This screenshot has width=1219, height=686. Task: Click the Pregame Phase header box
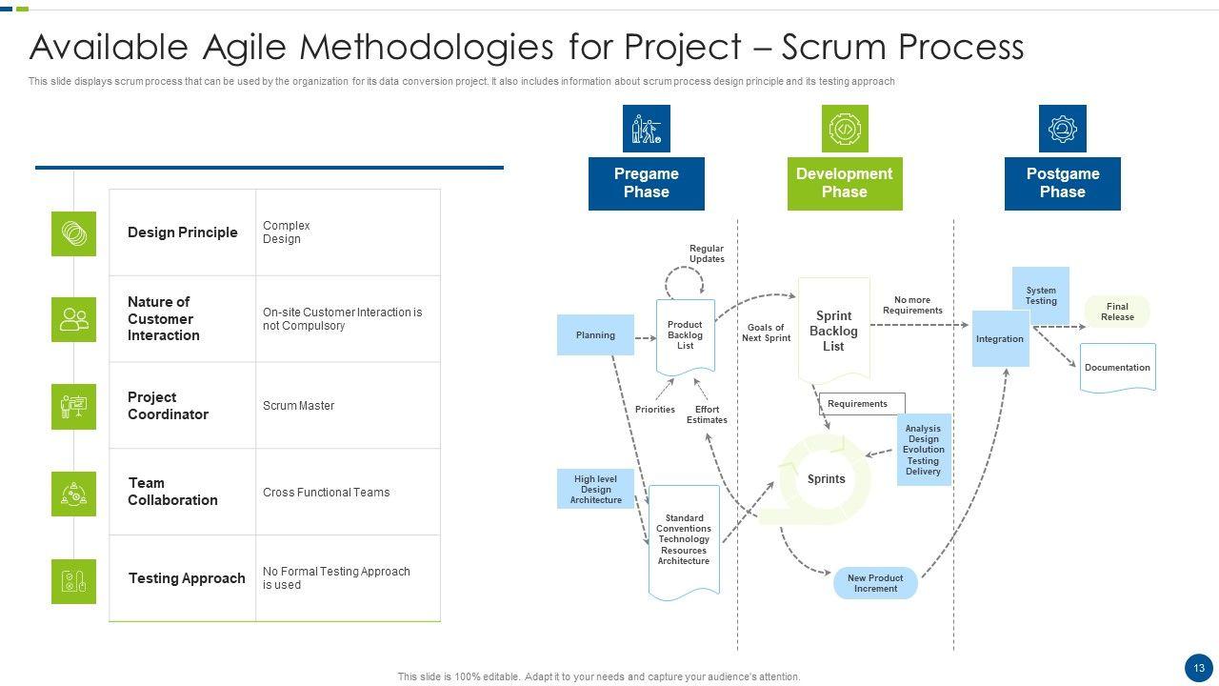click(x=646, y=183)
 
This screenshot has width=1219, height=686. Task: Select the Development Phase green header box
click(x=844, y=183)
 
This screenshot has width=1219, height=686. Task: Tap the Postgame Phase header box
click(x=1062, y=183)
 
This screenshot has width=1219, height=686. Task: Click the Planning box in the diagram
click(x=595, y=335)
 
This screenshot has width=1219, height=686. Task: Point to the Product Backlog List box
click(x=685, y=336)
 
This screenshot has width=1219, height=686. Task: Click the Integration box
click(x=1000, y=338)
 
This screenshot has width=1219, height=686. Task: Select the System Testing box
click(x=1040, y=295)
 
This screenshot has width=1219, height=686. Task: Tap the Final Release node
click(x=1117, y=312)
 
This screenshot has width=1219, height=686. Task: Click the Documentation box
click(x=1117, y=368)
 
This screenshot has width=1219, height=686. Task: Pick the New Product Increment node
click(x=875, y=583)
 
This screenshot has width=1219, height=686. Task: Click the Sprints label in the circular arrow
click(x=826, y=479)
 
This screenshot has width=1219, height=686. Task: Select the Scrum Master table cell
click(x=299, y=406)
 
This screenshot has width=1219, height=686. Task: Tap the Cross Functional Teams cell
click(x=326, y=493)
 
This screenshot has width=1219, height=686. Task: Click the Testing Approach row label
click(x=187, y=578)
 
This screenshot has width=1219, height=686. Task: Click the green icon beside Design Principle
click(x=73, y=233)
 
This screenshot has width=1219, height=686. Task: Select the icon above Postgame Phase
click(x=1062, y=129)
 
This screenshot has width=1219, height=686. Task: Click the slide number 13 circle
click(x=1199, y=667)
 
